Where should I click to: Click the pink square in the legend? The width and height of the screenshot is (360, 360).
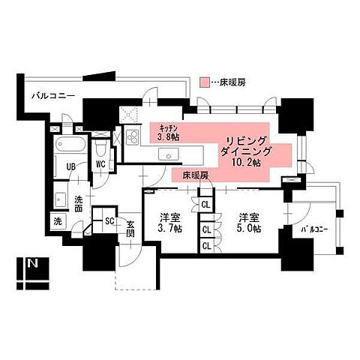pos(205,82)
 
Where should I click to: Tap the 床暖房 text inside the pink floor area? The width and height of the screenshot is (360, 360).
pos(194,174)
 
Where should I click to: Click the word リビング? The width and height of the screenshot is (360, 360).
pos(247,139)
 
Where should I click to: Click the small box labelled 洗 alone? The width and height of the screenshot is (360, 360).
pos(58,222)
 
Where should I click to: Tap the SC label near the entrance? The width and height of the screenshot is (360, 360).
pos(109,221)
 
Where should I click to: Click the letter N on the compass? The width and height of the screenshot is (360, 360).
pos(32,264)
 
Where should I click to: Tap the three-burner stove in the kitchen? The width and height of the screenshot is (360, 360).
pos(132,139)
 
